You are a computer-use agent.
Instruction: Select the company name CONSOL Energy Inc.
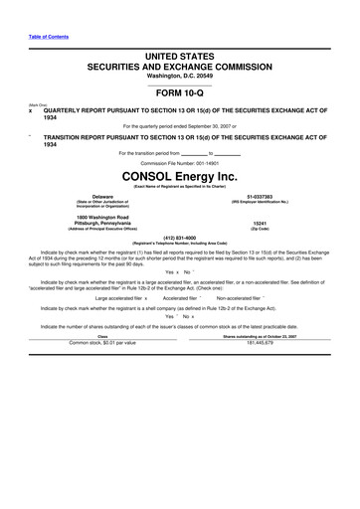[x=179, y=175]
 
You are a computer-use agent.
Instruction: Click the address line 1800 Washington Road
[x=102, y=216]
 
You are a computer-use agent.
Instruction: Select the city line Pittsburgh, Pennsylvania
[x=102, y=223]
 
